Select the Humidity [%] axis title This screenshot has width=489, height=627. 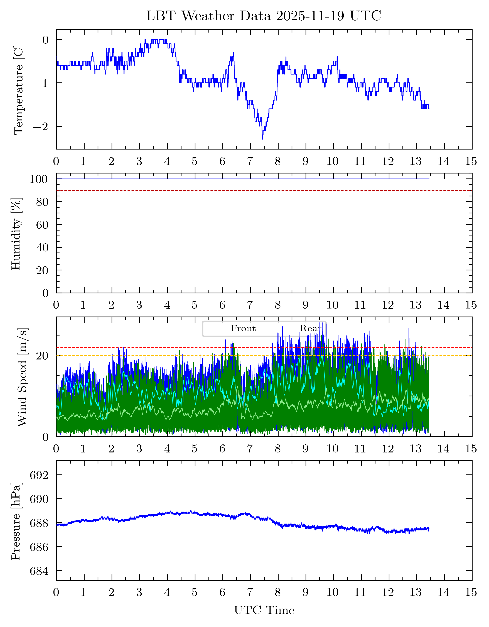pos(16,233)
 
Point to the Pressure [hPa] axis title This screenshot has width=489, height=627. pos(16,521)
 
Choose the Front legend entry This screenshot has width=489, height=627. pos(243,328)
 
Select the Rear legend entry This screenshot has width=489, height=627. pos(310,328)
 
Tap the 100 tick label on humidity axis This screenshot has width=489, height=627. pos(38,179)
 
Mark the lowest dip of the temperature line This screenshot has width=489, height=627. pos(262,139)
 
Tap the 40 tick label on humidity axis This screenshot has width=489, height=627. pos(42,248)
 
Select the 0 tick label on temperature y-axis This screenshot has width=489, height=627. pos(45,40)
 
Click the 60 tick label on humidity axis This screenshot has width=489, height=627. pos(42,225)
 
